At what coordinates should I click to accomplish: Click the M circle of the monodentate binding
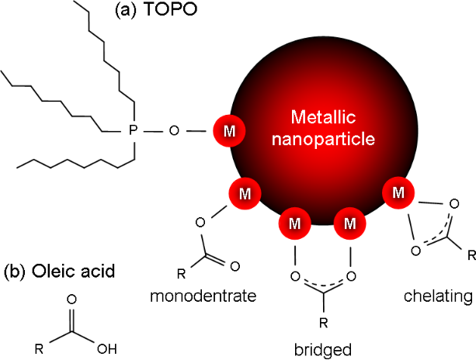[242, 192]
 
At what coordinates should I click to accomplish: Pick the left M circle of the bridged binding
[295, 224]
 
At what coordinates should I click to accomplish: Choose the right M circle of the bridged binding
[349, 224]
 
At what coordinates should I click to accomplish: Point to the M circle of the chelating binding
[400, 192]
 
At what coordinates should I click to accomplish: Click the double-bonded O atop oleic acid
[72, 299]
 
